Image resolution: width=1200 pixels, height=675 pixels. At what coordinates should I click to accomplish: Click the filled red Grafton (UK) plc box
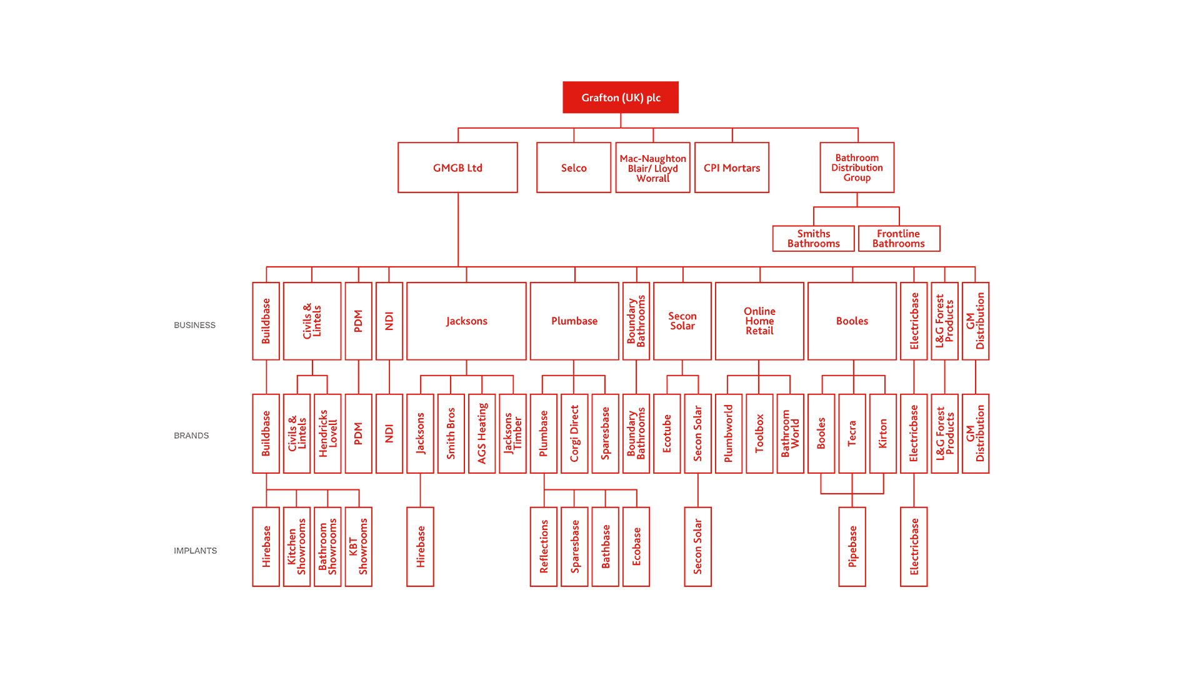tap(620, 97)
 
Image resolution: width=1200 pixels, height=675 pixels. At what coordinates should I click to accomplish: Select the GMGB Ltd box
tap(457, 167)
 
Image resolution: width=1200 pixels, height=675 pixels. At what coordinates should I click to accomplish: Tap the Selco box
tap(573, 167)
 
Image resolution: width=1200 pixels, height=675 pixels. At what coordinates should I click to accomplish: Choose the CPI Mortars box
tap(731, 167)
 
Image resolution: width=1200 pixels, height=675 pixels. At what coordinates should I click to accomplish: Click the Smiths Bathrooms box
tap(813, 238)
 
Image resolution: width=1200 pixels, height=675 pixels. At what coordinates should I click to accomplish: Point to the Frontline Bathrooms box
tap(899, 238)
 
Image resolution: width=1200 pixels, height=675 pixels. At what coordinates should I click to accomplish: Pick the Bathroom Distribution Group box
tap(857, 167)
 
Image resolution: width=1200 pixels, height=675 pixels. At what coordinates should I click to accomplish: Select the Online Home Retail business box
tap(759, 321)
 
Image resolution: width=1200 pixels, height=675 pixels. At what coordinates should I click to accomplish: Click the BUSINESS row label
tap(194, 325)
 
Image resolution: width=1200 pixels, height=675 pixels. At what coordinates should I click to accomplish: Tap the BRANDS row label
tap(191, 436)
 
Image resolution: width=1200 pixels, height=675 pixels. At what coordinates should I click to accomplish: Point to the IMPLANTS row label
tap(195, 551)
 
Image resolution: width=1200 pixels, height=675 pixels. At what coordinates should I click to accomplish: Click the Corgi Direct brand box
tap(574, 433)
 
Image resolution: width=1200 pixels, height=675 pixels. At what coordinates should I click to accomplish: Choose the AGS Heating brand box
tap(482, 433)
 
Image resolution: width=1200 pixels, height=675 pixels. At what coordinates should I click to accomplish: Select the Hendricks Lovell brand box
tap(327, 433)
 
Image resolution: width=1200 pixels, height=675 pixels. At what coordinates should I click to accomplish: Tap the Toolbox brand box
tap(759, 433)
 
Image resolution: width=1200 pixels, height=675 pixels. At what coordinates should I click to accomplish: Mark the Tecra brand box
tap(852, 433)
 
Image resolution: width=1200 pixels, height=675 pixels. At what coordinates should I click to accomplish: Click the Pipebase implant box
tap(852, 546)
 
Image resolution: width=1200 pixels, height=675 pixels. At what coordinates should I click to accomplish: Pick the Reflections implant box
tap(544, 546)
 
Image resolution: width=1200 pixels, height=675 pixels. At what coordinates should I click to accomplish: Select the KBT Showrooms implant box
tap(359, 546)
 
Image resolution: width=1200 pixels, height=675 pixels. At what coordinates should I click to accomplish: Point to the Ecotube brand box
tap(667, 433)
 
